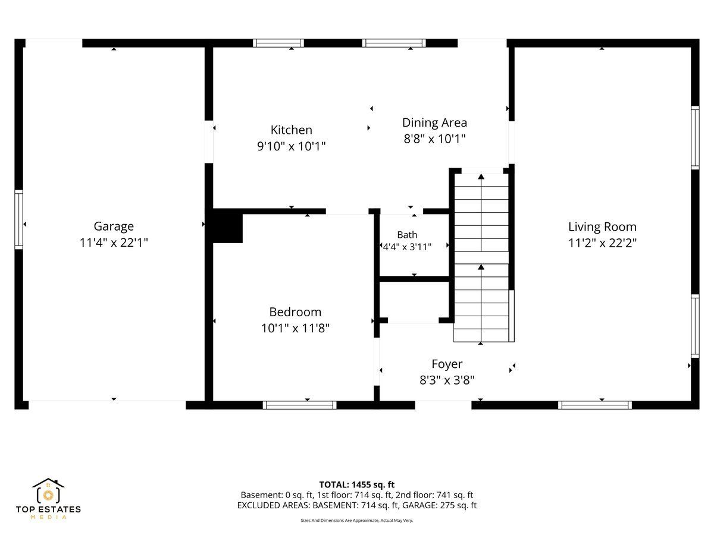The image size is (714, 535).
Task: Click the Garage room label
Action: [114, 226]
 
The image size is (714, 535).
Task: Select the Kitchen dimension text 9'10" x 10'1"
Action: [291, 146]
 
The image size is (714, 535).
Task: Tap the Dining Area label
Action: [434, 123]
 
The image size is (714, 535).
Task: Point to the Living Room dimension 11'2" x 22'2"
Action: [602, 243]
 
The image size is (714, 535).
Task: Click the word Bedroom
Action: [295, 312]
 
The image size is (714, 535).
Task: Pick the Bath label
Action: [407, 235]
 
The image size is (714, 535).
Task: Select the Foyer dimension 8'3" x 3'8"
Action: [447, 380]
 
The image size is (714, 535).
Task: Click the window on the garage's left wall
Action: [19, 219]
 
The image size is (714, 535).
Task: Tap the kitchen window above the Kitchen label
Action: [278, 43]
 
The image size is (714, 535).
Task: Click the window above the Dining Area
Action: [394, 43]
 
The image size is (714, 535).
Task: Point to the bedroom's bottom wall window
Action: [300, 405]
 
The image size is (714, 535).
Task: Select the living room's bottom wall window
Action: [594, 405]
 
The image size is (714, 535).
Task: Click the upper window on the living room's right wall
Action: [695, 137]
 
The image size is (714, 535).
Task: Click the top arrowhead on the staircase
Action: [481, 177]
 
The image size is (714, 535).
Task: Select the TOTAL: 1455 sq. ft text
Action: [357, 484]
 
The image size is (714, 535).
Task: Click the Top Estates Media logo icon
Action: [48, 490]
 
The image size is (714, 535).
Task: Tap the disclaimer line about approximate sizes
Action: [357, 520]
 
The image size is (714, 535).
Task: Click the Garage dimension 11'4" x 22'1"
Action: [114, 243]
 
